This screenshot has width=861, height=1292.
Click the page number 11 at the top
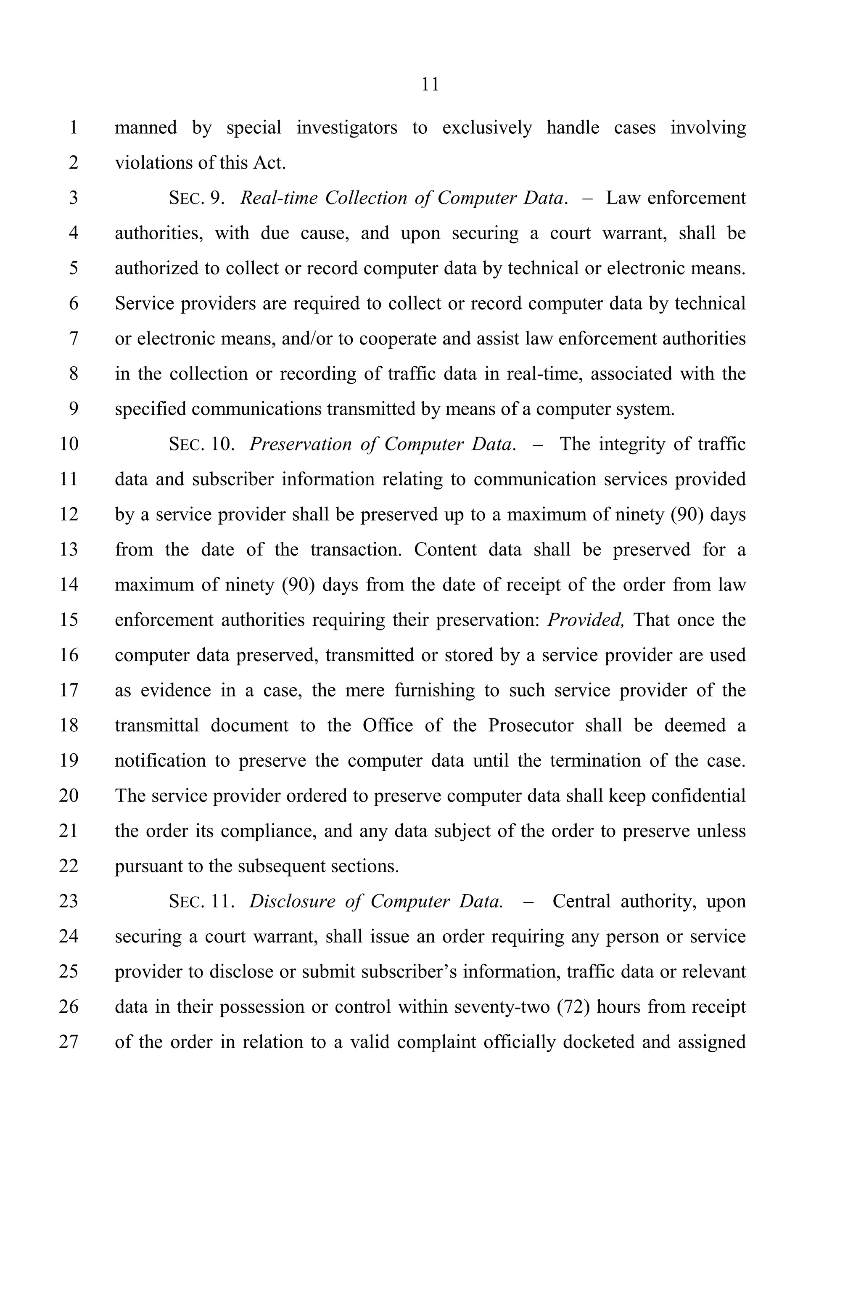click(x=430, y=85)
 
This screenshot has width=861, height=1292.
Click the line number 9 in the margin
click(x=73, y=409)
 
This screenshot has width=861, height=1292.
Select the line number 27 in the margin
click(x=69, y=1041)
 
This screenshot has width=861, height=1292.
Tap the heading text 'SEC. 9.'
click(x=197, y=198)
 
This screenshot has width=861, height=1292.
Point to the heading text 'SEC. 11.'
click(x=201, y=901)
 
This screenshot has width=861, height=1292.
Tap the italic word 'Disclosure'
click(x=292, y=901)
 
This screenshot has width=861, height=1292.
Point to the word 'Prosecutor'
click(x=531, y=725)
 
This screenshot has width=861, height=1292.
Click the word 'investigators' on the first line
click(x=346, y=127)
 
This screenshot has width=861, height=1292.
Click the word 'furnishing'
click(x=434, y=690)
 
